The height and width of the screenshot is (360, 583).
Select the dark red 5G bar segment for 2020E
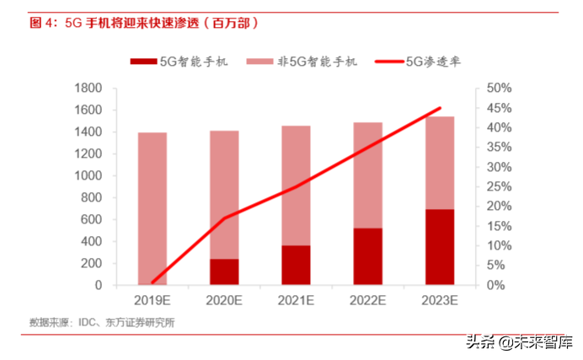point(223,271)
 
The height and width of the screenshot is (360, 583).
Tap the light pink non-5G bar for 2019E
point(152,208)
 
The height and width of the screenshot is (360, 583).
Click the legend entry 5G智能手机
point(179,62)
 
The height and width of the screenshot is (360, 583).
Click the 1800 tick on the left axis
point(88,89)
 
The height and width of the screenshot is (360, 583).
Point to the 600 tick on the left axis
point(91,220)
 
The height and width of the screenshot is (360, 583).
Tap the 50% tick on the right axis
point(500,89)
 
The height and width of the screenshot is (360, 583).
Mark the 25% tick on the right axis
point(500,187)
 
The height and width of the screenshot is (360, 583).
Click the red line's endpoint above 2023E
point(439,108)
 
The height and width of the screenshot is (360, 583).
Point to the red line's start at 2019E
point(152,282)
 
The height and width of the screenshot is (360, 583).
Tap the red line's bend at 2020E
point(224,218)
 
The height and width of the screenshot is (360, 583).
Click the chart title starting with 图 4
point(143,23)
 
